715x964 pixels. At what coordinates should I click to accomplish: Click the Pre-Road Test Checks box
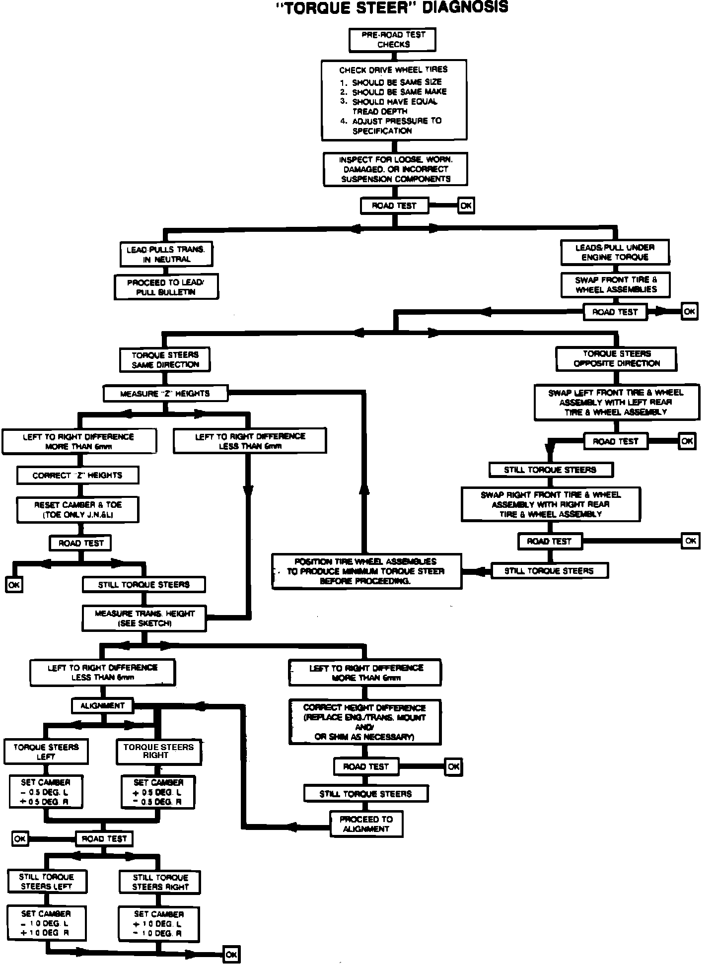tap(393, 40)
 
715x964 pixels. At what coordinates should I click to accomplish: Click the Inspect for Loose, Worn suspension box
tap(395, 169)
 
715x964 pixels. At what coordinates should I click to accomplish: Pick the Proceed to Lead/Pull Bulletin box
tap(166, 287)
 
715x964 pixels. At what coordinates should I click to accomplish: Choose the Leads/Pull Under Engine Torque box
tap(615, 252)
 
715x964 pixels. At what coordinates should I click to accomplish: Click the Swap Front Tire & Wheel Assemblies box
tap(616, 284)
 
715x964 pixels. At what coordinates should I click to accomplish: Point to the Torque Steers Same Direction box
tap(165, 359)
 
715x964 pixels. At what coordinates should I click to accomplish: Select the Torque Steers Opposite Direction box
tap(616, 358)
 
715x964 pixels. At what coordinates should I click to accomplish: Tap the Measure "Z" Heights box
tap(165, 394)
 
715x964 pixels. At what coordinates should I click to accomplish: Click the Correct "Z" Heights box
tap(77, 475)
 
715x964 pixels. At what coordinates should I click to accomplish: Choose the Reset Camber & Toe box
tap(77, 510)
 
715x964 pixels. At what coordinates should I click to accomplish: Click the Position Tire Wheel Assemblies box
tap(366, 571)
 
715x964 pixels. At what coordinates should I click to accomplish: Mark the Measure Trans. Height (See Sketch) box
tap(144, 618)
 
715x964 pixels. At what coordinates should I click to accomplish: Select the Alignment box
tap(102, 705)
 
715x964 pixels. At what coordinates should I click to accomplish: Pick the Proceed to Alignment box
tap(366, 824)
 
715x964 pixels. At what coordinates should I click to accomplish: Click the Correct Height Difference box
tap(365, 722)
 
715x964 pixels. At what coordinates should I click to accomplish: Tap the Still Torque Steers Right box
tap(160, 882)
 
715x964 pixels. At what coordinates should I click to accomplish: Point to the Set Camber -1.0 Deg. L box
tap(46, 923)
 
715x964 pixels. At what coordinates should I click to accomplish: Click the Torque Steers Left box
tap(46, 752)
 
